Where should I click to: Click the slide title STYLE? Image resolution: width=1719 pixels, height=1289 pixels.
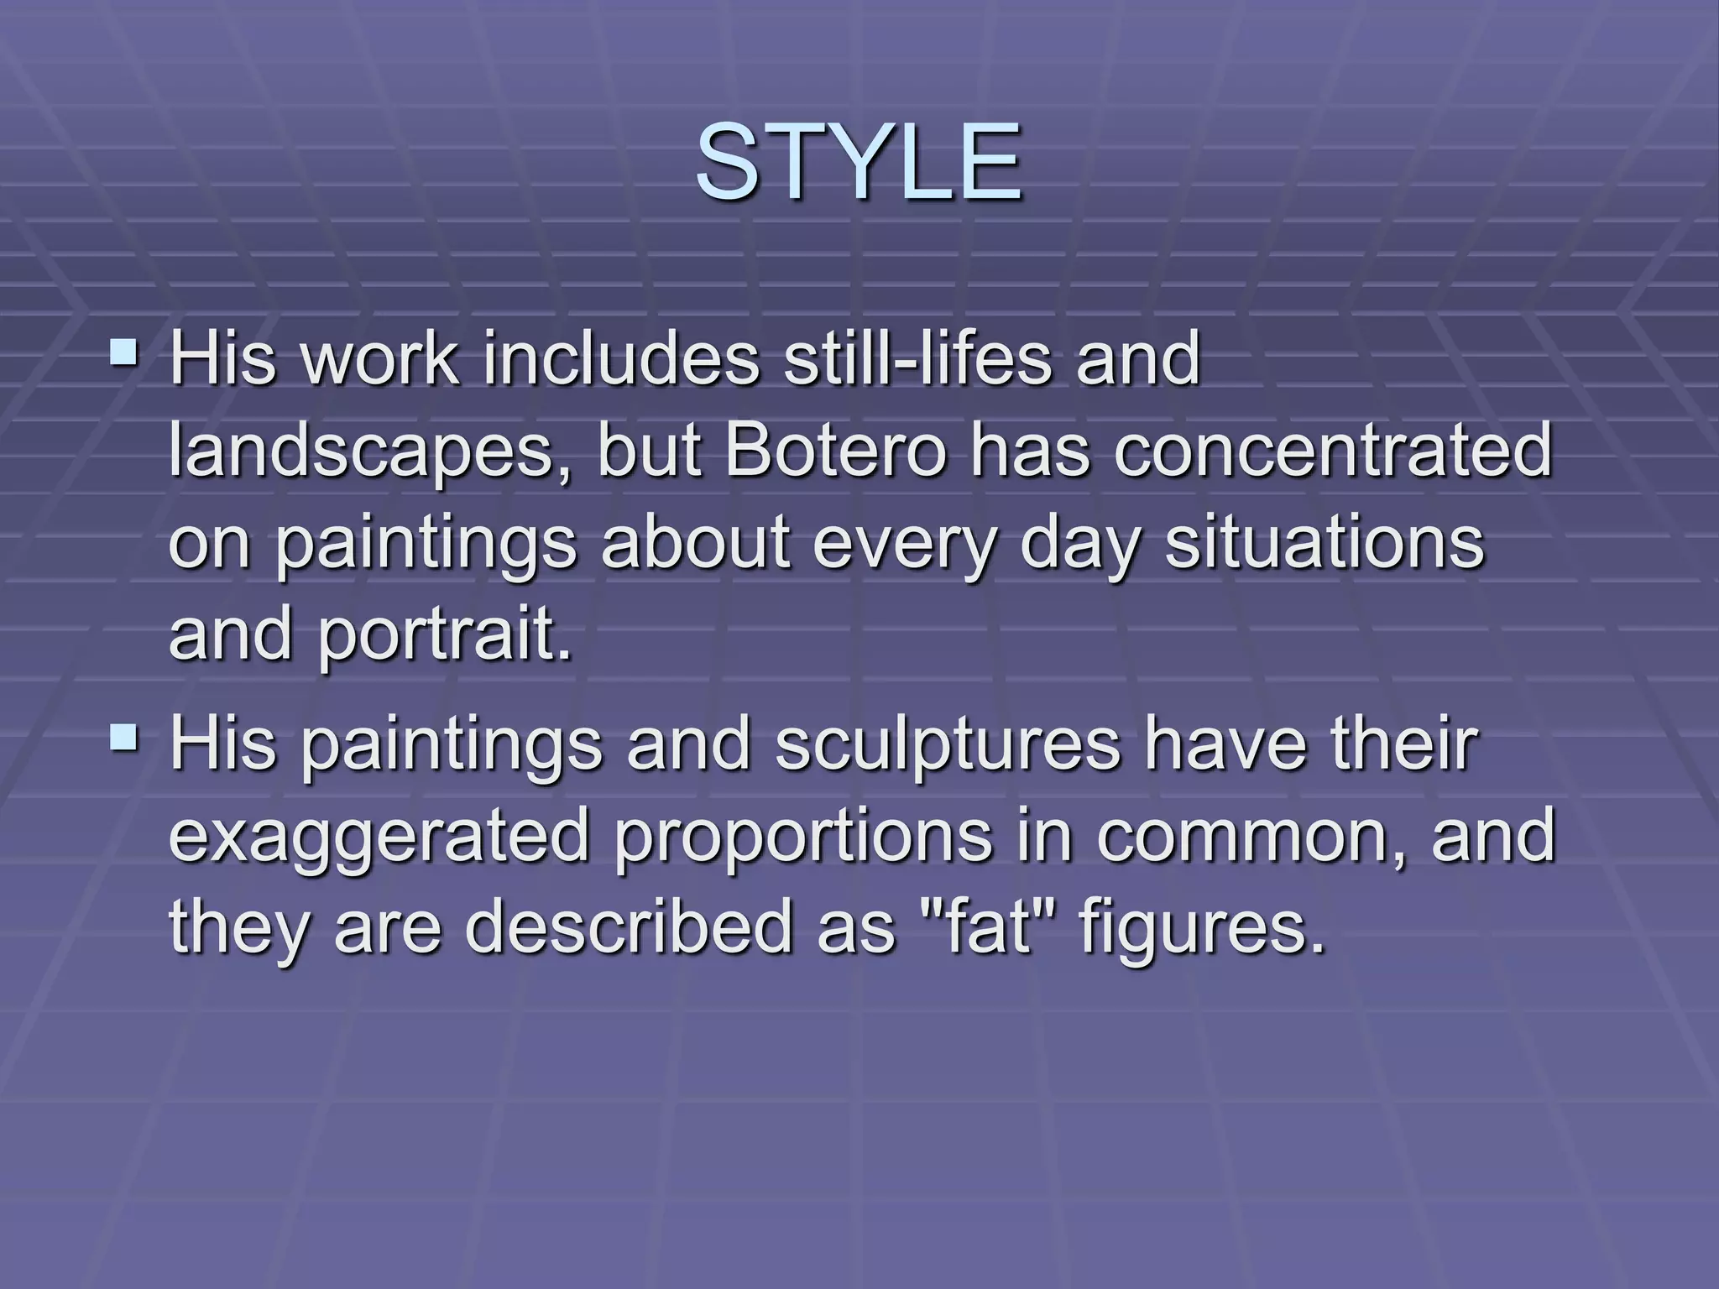(x=858, y=162)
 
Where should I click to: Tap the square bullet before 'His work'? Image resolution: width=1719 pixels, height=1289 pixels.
(x=125, y=349)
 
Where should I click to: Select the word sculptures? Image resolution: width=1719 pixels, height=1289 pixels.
(x=948, y=744)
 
